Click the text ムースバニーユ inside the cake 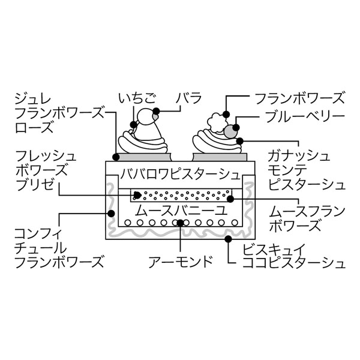pos(179,211)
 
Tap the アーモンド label pos(181,262)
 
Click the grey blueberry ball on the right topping pos(230,129)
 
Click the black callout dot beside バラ pos(156,111)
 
